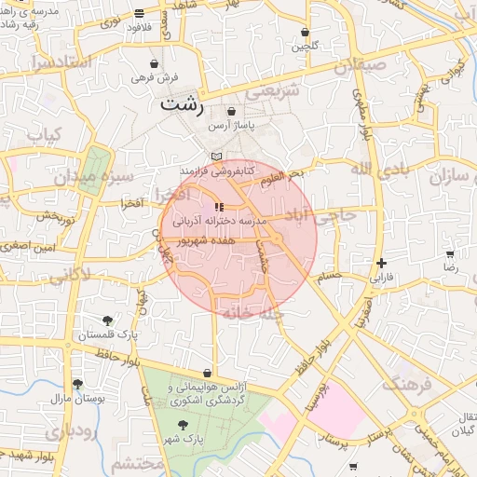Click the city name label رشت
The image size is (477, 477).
pos(180,103)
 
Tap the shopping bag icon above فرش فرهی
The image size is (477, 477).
pos(153,63)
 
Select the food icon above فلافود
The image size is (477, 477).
pos(139,14)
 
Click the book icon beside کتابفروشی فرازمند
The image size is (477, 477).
pos(217,157)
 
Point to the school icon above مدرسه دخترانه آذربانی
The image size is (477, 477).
pos(218,206)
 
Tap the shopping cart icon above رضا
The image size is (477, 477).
pos(450,253)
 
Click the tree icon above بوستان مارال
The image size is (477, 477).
pos(76,384)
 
